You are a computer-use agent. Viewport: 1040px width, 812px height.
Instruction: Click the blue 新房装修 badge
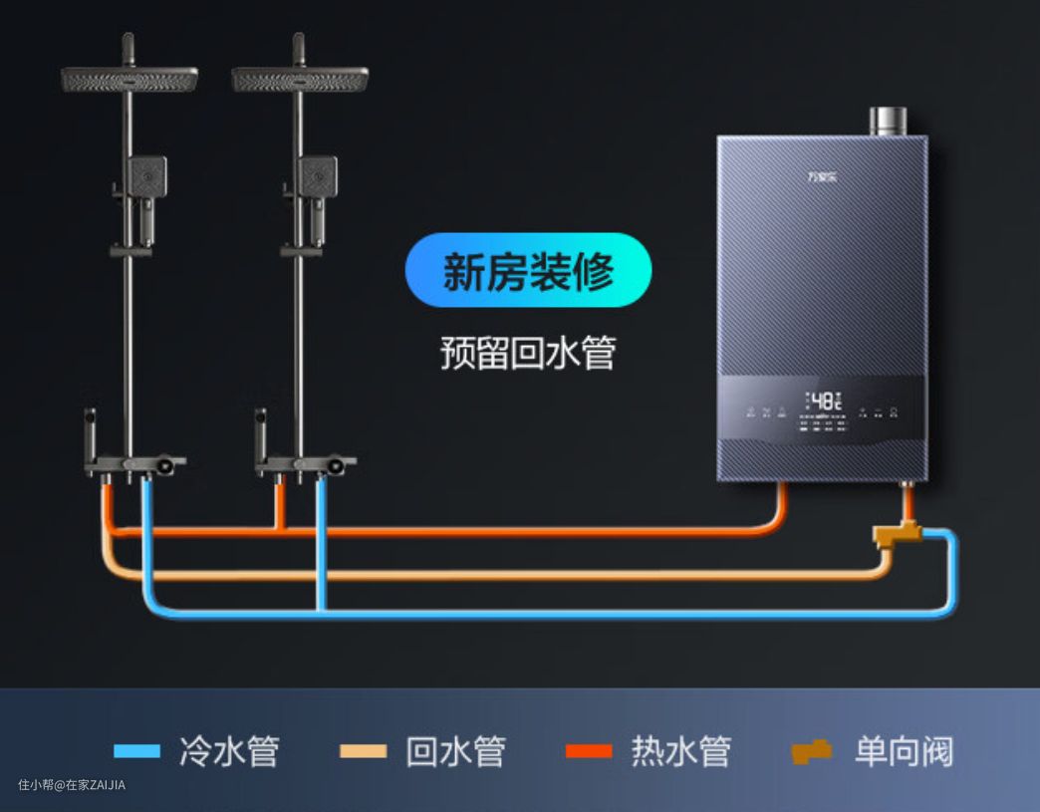click(528, 270)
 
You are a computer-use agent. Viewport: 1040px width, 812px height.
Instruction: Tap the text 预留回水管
click(528, 353)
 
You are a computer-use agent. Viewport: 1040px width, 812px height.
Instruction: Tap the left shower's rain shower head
click(130, 79)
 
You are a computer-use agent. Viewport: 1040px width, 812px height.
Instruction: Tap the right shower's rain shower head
click(300, 79)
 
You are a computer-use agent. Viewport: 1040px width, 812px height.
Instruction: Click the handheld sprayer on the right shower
click(318, 180)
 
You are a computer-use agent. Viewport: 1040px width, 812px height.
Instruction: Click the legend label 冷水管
click(229, 751)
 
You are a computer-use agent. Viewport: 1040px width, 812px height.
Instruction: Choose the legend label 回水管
click(455, 751)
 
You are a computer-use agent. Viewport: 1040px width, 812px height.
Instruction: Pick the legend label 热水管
click(681, 751)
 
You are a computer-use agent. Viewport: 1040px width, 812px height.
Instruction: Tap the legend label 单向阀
click(904, 751)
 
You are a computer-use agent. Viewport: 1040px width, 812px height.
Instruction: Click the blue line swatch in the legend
click(136, 751)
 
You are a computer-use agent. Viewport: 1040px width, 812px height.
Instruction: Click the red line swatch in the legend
click(589, 751)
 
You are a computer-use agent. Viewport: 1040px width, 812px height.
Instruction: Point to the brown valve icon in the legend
click(812, 751)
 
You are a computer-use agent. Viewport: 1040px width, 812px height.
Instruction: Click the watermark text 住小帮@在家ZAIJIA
click(72, 785)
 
